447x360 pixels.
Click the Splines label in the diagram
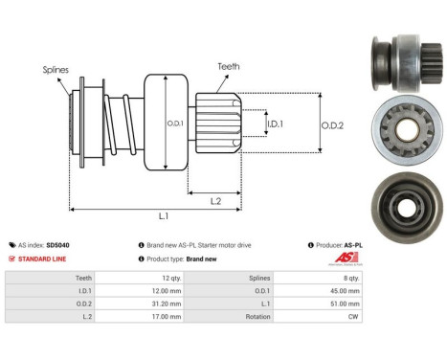pyautogui.click(x=56, y=70)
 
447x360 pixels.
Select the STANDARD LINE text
pyautogui.click(x=43, y=259)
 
